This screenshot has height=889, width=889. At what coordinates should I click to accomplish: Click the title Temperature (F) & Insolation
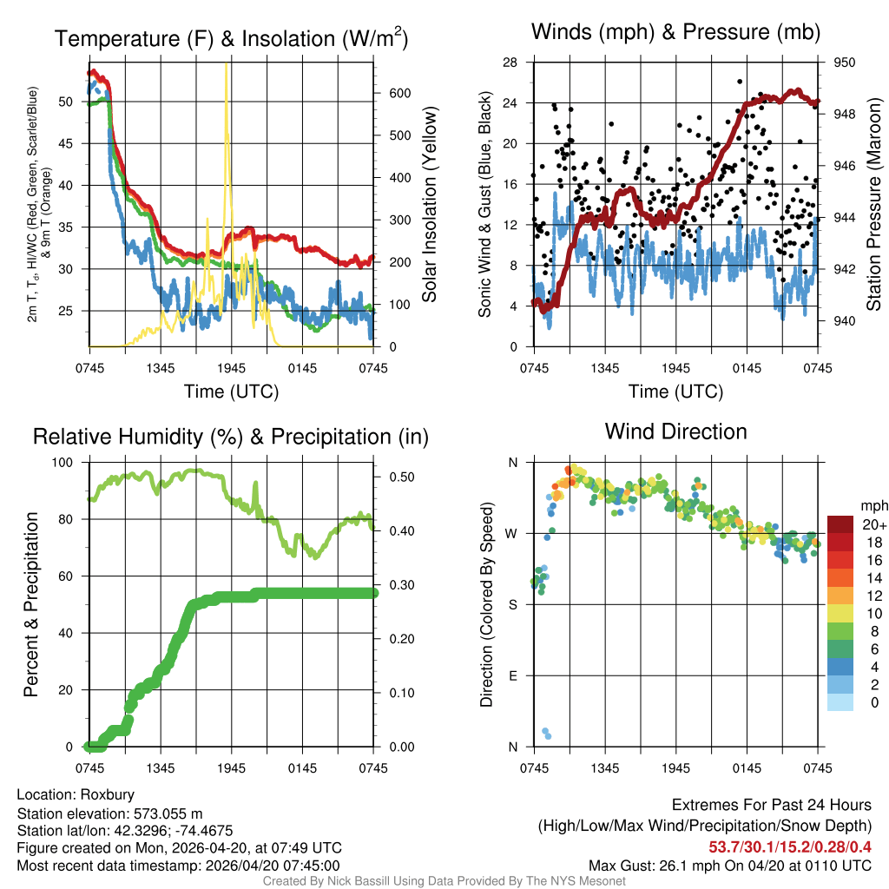click(x=231, y=38)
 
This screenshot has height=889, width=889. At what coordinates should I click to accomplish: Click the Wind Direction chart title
click(x=675, y=431)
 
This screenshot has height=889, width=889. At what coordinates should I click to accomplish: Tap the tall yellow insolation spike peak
click(x=227, y=64)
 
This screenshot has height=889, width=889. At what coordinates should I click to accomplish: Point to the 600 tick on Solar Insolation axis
click(x=388, y=93)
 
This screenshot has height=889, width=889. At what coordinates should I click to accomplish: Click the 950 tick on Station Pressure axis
click(x=845, y=63)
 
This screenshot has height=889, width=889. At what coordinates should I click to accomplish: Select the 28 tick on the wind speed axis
click(x=510, y=63)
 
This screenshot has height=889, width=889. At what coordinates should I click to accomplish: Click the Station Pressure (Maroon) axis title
click(x=874, y=204)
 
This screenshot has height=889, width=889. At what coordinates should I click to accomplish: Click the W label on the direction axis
click(x=511, y=533)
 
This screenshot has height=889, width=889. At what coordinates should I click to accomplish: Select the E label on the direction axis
click(x=513, y=675)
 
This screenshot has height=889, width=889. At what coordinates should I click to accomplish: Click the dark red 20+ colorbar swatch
click(x=840, y=524)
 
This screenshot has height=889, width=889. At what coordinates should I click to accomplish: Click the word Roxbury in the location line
click(x=107, y=794)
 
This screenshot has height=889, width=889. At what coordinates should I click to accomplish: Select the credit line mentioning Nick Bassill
click(x=444, y=881)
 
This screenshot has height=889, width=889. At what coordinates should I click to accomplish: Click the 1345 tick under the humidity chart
click(x=161, y=768)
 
